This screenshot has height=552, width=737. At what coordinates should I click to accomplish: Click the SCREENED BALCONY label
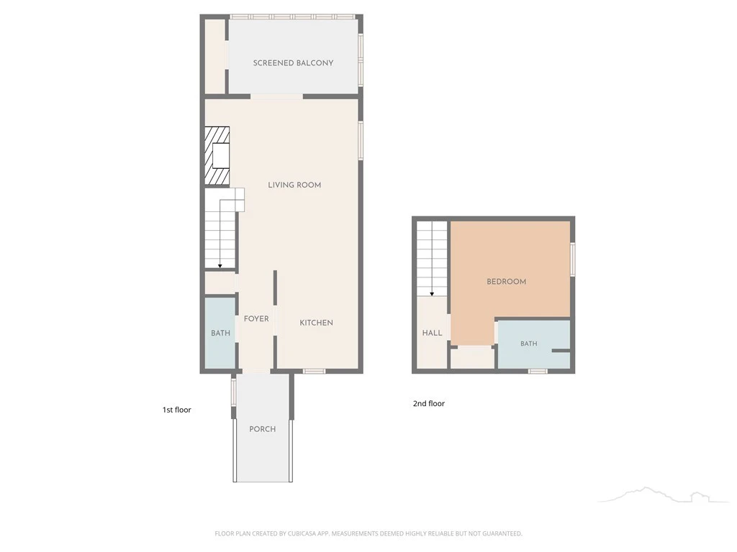click(x=294, y=63)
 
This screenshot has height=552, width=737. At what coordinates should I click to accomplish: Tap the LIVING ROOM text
click(x=294, y=185)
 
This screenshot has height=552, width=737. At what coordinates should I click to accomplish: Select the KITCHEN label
click(x=317, y=323)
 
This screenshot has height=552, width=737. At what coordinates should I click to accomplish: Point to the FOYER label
click(x=256, y=318)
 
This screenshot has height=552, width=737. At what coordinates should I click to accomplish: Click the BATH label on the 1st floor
click(x=220, y=333)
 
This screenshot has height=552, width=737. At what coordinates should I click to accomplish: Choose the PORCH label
click(x=262, y=429)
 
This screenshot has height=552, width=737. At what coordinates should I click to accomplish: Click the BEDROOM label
click(x=506, y=282)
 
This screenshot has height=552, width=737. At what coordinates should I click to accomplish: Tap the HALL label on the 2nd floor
click(x=432, y=333)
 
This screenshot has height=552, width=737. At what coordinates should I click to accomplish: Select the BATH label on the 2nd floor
click(x=529, y=344)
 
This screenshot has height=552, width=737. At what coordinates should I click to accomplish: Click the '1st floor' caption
click(x=177, y=410)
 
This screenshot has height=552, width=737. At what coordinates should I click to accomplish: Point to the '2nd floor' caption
click(x=429, y=403)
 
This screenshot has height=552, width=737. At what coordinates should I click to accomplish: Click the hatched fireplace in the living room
click(x=217, y=156)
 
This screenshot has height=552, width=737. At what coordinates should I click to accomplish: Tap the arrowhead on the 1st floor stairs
click(x=220, y=266)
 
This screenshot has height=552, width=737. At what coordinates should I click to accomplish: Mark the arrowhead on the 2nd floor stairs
click(x=432, y=294)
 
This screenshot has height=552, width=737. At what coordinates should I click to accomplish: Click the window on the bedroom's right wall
click(x=573, y=259)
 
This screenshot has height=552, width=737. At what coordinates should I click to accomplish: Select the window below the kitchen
click(x=314, y=372)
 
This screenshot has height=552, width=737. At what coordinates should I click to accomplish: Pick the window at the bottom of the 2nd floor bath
click(x=538, y=372)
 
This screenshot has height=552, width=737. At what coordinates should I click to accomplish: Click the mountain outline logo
click(x=663, y=494)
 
